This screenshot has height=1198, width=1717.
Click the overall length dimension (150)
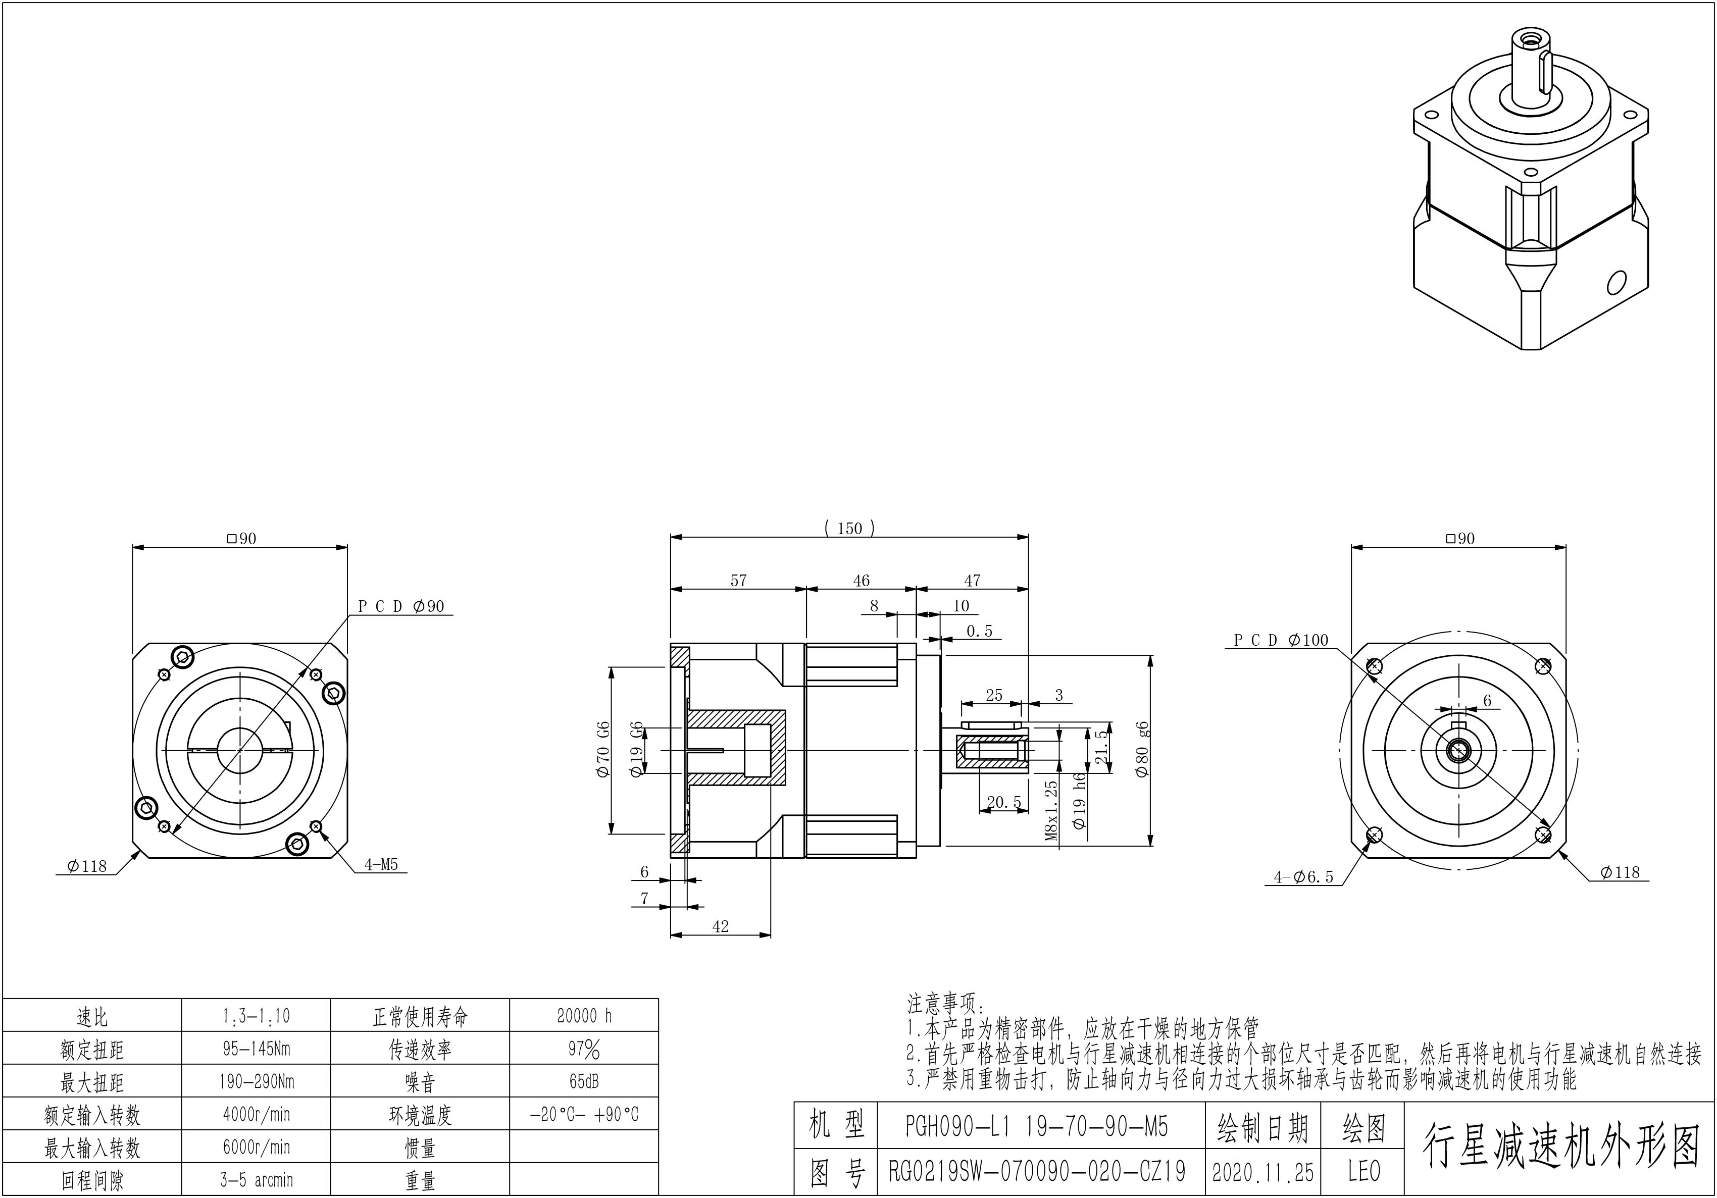[x=849, y=529]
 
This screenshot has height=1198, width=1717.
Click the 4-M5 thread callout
[x=381, y=865]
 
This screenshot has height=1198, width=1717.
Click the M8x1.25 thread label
[x=1051, y=811]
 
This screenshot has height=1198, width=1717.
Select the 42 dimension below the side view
[x=720, y=926]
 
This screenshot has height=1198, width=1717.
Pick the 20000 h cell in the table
[x=584, y=1016]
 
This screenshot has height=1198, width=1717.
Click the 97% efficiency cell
[x=584, y=1049]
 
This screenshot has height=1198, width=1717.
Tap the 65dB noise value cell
[x=584, y=1081]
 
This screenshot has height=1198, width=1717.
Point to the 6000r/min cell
[x=256, y=1147]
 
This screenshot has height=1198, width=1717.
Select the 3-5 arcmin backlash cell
[x=256, y=1180]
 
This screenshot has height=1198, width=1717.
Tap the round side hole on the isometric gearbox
[x=1616, y=283]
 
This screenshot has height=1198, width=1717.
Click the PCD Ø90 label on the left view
[x=401, y=606]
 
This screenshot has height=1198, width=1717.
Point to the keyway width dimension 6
[x=1487, y=701]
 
